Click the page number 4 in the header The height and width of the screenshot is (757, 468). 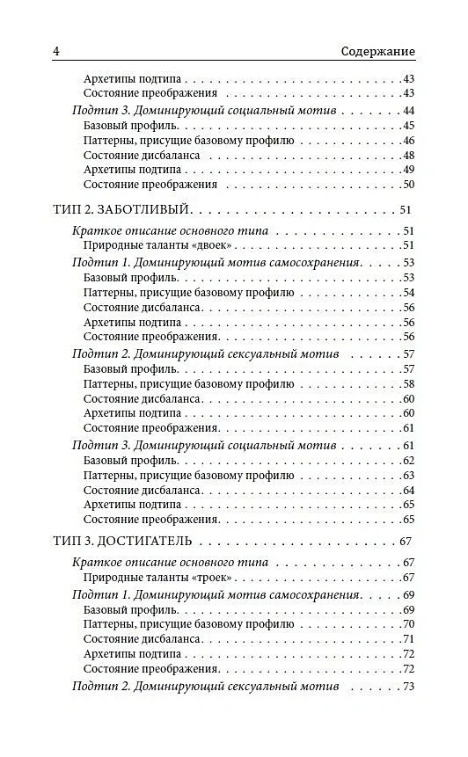click(x=56, y=51)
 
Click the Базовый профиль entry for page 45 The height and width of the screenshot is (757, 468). click(x=132, y=126)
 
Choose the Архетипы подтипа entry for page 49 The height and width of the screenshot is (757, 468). click(x=133, y=170)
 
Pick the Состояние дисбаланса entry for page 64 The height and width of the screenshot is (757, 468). click(x=143, y=490)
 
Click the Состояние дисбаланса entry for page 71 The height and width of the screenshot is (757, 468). click(x=143, y=639)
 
